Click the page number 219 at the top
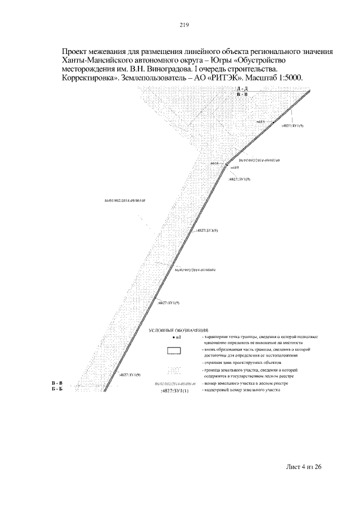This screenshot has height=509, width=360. (x=183, y=25)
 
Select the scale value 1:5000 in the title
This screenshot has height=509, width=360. (x=287, y=78)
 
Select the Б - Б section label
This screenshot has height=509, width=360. (x=56, y=389)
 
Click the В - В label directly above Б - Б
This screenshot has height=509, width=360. (x=56, y=383)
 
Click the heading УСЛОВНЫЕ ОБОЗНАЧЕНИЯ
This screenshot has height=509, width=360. (x=178, y=330)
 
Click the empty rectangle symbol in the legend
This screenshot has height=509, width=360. (x=174, y=351)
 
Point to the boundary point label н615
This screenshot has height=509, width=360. (x=260, y=121)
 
